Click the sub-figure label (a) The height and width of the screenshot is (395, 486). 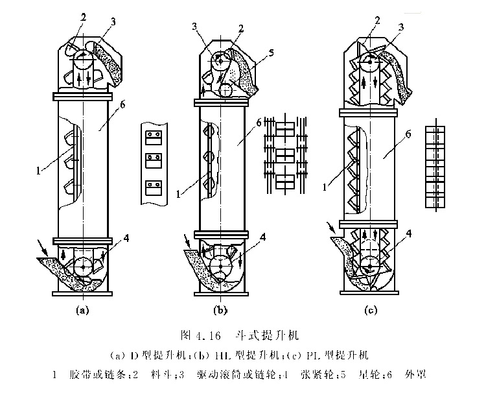tap(82, 310)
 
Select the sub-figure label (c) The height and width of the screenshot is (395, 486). tap(371, 311)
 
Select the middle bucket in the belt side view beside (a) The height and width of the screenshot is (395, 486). tap(153, 158)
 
